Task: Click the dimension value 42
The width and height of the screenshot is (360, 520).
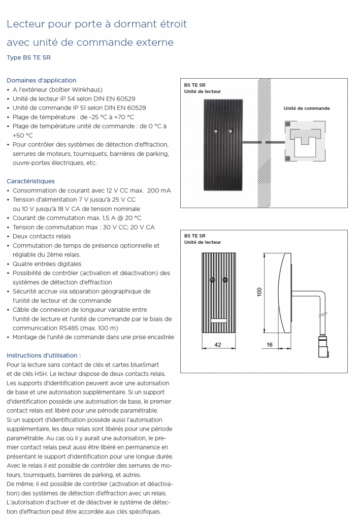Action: click(x=217, y=344)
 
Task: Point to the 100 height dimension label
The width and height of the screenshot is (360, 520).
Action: click(x=259, y=292)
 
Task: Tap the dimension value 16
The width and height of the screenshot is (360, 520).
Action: click(x=270, y=344)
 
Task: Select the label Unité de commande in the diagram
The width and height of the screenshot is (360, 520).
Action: click(x=306, y=108)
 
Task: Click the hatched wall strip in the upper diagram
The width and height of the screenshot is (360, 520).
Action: click(x=263, y=143)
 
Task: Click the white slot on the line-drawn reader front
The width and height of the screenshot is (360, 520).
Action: click(x=218, y=320)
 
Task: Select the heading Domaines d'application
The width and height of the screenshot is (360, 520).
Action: click(x=41, y=80)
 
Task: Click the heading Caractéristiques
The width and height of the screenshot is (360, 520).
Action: click(x=30, y=181)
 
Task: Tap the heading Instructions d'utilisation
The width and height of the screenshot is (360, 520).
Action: click(x=44, y=355)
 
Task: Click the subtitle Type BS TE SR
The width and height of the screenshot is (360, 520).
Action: click(x=28, y=57)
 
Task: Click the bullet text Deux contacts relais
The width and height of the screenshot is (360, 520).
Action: click(x=42, y=236)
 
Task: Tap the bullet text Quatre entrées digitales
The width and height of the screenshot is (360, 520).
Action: click(x=47, y=264)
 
